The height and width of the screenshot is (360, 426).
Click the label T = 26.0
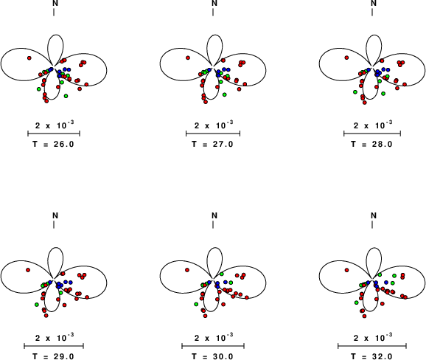click(53, 144)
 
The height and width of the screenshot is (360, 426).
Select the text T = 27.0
click(212, 144)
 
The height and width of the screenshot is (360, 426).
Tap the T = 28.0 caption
click(371, 144)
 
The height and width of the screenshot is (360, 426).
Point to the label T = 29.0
click(53, 356)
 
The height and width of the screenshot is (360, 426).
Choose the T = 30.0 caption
click(212, 356)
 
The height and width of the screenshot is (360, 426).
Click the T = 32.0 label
click(371, 356)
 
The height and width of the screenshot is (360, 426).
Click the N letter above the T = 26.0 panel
click(55, 3)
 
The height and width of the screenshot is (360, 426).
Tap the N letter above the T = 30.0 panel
click(214, 215)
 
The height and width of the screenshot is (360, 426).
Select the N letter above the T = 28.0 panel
click(374, 3)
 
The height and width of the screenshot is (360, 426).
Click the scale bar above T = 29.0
click(54, 346)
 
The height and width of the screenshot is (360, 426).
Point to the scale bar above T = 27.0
click(213, 134)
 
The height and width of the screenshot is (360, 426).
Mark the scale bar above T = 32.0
click(372, 346)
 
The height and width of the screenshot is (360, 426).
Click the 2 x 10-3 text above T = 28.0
click(373, 125)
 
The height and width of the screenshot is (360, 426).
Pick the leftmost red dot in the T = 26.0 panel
click(29, 58)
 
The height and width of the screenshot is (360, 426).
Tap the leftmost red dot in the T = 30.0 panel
click(187, 270)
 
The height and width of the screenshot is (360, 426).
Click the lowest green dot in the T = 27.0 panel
click(224, 94)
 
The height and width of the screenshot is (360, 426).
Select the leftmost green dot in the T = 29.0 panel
click(37, 305)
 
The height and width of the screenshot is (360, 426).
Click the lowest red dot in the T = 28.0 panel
click(365, 103)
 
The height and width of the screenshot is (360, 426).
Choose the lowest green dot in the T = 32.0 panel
click(357, 302)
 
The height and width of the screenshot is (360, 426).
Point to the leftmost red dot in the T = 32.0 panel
click(346, 270)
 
